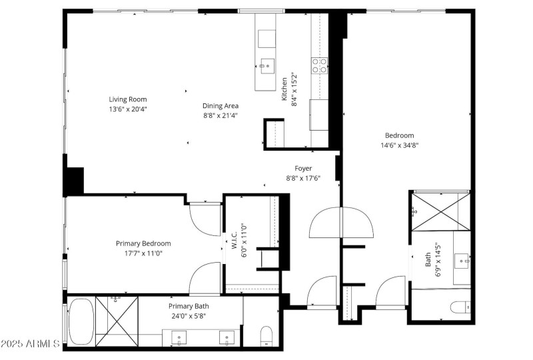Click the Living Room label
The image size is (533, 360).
tap(128, 99)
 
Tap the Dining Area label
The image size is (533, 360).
tap(221, 105)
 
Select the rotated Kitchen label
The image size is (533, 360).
tap(284, 89)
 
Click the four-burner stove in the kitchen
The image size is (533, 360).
tap(319, 65)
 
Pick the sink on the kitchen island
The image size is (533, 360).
tap(266, 65)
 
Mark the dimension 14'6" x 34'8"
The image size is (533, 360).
tap(399, 145)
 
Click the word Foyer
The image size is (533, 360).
tap(303, 169)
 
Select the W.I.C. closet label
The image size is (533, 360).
tap(235, 244)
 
